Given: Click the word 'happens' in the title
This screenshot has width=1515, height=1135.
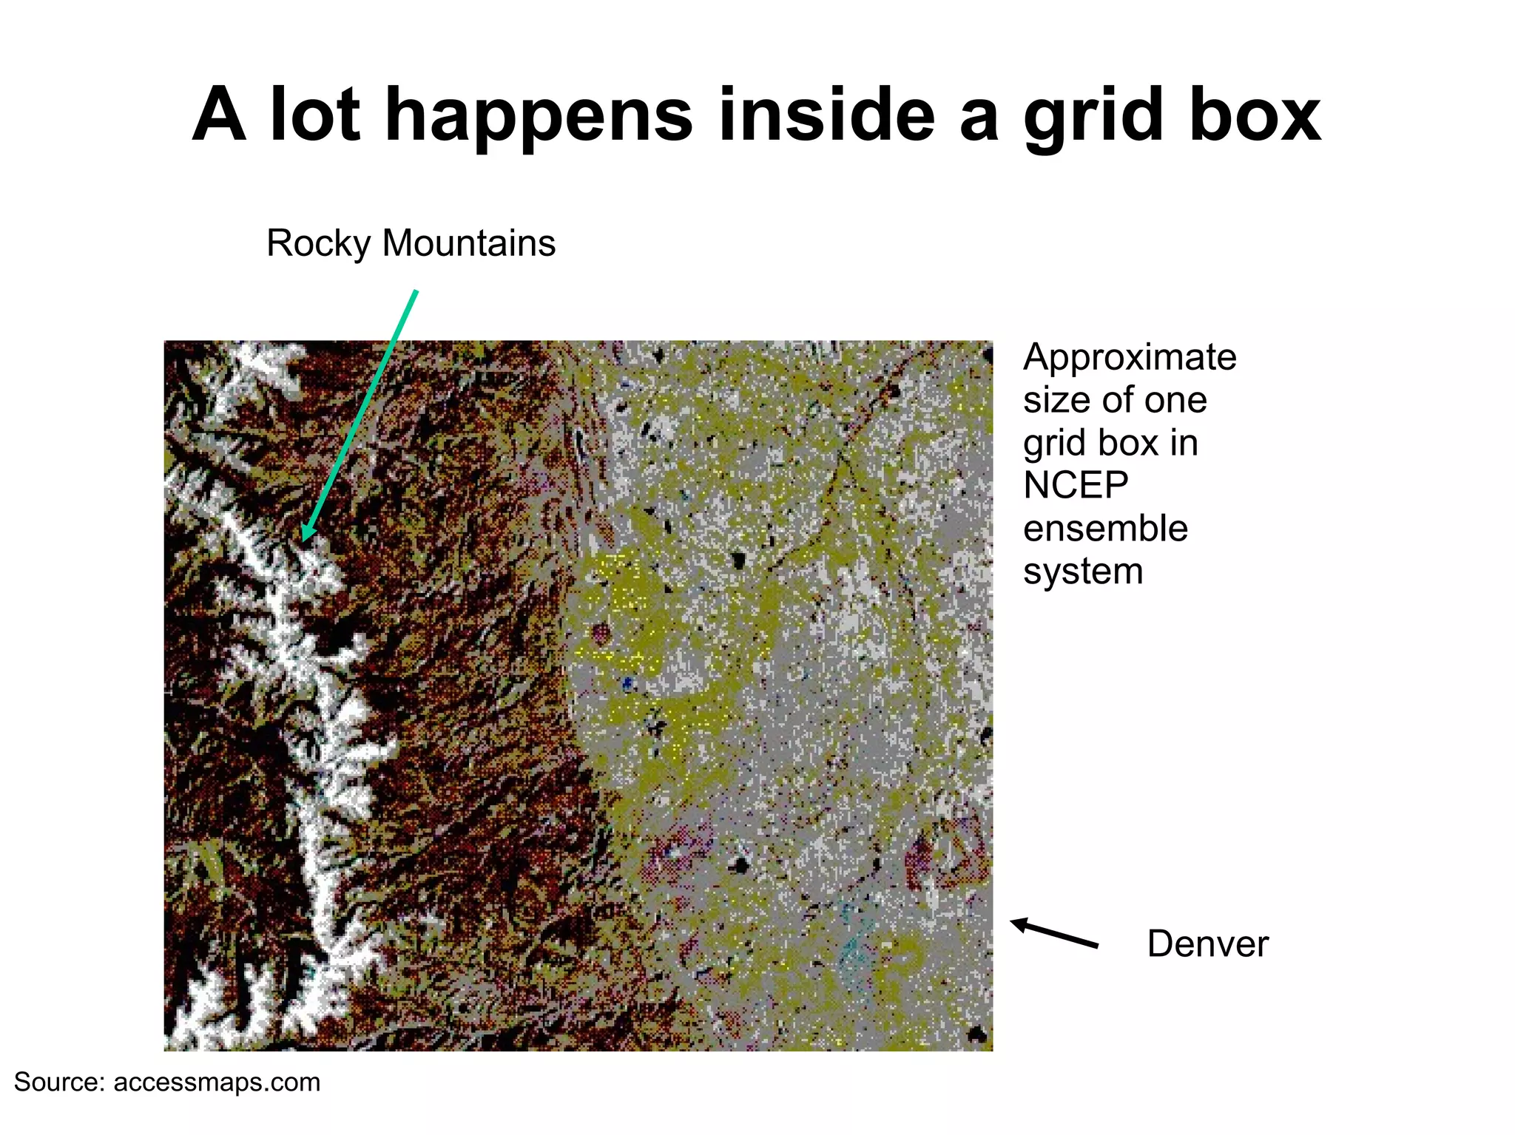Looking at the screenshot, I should click(x=539, y=117).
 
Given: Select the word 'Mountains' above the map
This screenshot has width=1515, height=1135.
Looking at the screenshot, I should click(x=468, y=243).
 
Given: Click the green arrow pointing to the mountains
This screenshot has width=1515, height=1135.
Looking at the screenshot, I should click(x=360, y=414).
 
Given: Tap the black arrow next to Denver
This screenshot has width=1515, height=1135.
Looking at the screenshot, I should click(x=1054, y=933).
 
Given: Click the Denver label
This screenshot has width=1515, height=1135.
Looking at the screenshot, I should click(x=1207, y=944).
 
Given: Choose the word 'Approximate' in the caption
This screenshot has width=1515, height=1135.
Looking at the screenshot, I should click(x=1130, y=358).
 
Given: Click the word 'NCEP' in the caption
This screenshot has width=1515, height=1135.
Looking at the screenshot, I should click(x=1076, y=486).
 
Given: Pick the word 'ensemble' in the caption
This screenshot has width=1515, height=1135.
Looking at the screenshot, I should click(x=1105, y=529).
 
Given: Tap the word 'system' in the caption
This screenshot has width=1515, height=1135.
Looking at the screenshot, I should click(x=1083, y=572).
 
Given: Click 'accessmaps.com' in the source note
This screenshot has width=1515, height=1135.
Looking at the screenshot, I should click(x=217, y=1083).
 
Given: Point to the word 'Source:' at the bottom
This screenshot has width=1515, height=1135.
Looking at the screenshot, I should click(x=60, y=1083).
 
